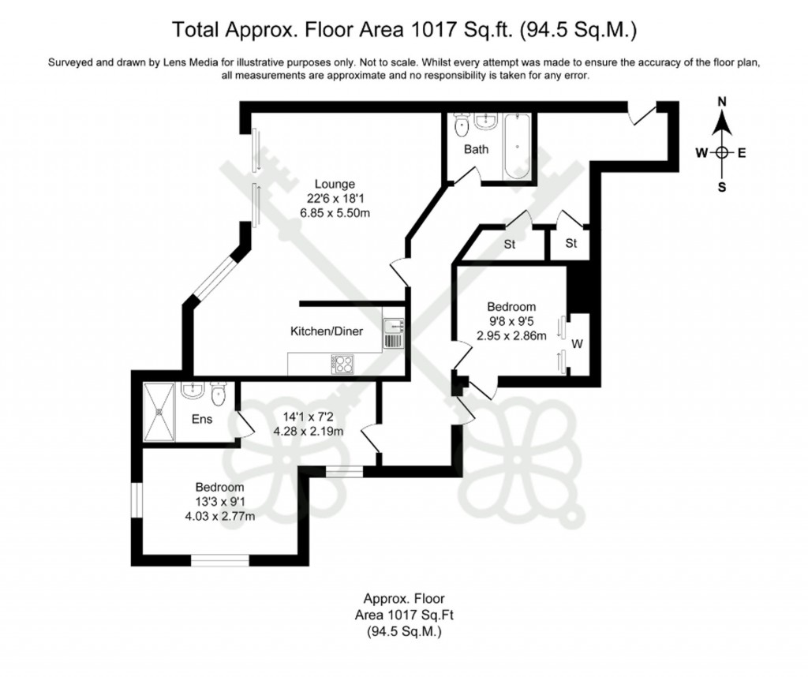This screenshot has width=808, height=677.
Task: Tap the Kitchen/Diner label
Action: click(x=327, y=331)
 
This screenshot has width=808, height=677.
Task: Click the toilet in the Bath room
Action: click(x=461, y=126)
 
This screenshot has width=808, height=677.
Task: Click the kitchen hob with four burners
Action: click(x=343, y=364)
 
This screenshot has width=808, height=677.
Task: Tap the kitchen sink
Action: click(x=392, y=332)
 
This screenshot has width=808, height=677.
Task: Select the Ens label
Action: click(x=202, y=419)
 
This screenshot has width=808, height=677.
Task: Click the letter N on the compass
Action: click(x=721, y=102)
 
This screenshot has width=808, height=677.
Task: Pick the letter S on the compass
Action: click(x=721, y=187)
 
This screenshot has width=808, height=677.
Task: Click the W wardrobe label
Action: click(x=577, y=343)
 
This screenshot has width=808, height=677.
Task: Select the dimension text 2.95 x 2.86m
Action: click(x=511, y=335)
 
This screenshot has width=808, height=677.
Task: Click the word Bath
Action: click(x=476, y=149)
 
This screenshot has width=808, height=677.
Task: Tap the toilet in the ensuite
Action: click(x=219, y=391)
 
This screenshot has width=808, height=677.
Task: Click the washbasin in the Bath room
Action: click(x=486, y=122)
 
